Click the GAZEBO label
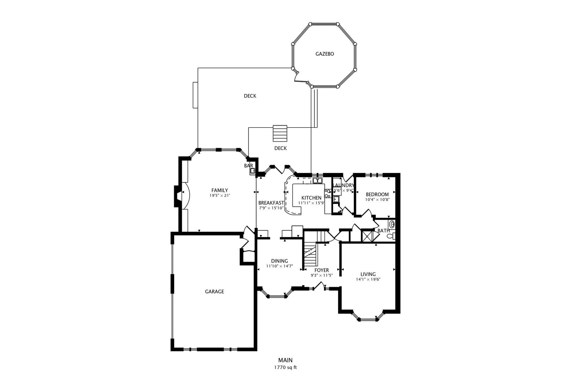tap(325, 54)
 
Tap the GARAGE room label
tap(214, 291)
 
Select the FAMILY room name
tap(220, 190)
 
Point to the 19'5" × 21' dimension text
tap(220, 195)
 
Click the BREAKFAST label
tap(271, 203)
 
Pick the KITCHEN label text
tap(311, 198)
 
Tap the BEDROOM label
tap(377, 194)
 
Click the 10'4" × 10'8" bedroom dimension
tap(377, 200)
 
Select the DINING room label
tap(280, 261)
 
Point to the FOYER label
tap(321, 270)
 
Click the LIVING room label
tap(368, 274)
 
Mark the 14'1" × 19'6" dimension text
tap(368, 279)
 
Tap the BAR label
tap(248, 165)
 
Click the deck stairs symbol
tap(280, 133)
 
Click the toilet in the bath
tap(391, 236)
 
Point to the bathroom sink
tap(392, 225)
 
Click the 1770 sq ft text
tap(285, 368)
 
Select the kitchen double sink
tap(318, 181)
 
